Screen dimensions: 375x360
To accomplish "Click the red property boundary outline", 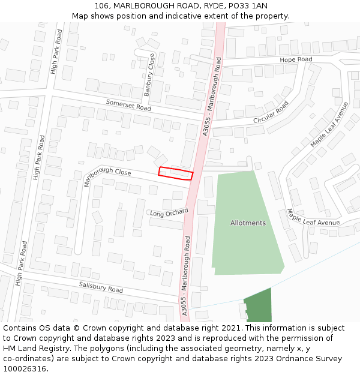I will point(176,173).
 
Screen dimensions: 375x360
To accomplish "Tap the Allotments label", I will point(248,223).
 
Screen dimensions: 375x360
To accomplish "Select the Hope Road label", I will point(296,59).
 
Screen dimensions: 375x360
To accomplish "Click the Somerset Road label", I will point(128,105).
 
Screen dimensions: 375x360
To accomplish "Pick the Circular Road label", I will point(271,112).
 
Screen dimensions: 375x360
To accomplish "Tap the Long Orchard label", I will point(169,212).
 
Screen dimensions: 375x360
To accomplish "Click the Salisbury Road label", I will point(101,287).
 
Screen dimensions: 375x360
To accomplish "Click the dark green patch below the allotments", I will point(259,306).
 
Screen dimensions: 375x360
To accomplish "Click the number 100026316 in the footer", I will point(25,369).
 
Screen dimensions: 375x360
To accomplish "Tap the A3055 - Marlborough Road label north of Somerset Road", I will point(212,96).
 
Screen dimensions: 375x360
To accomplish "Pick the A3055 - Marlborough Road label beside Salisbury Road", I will point(186,275).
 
